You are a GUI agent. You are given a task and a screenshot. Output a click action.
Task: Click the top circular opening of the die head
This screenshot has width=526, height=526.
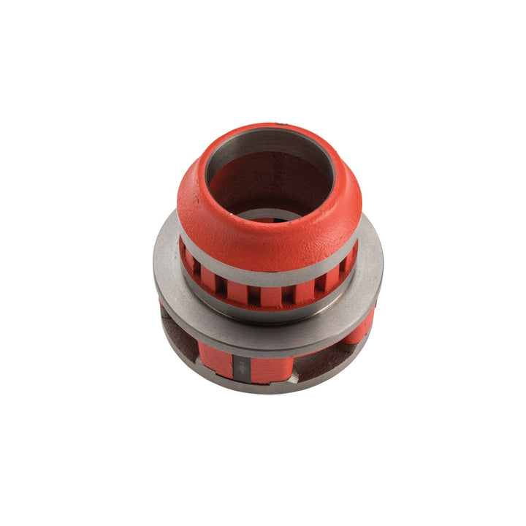click(269, 183)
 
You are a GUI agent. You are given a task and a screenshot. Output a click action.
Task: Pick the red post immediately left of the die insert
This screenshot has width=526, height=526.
click(216, 359)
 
